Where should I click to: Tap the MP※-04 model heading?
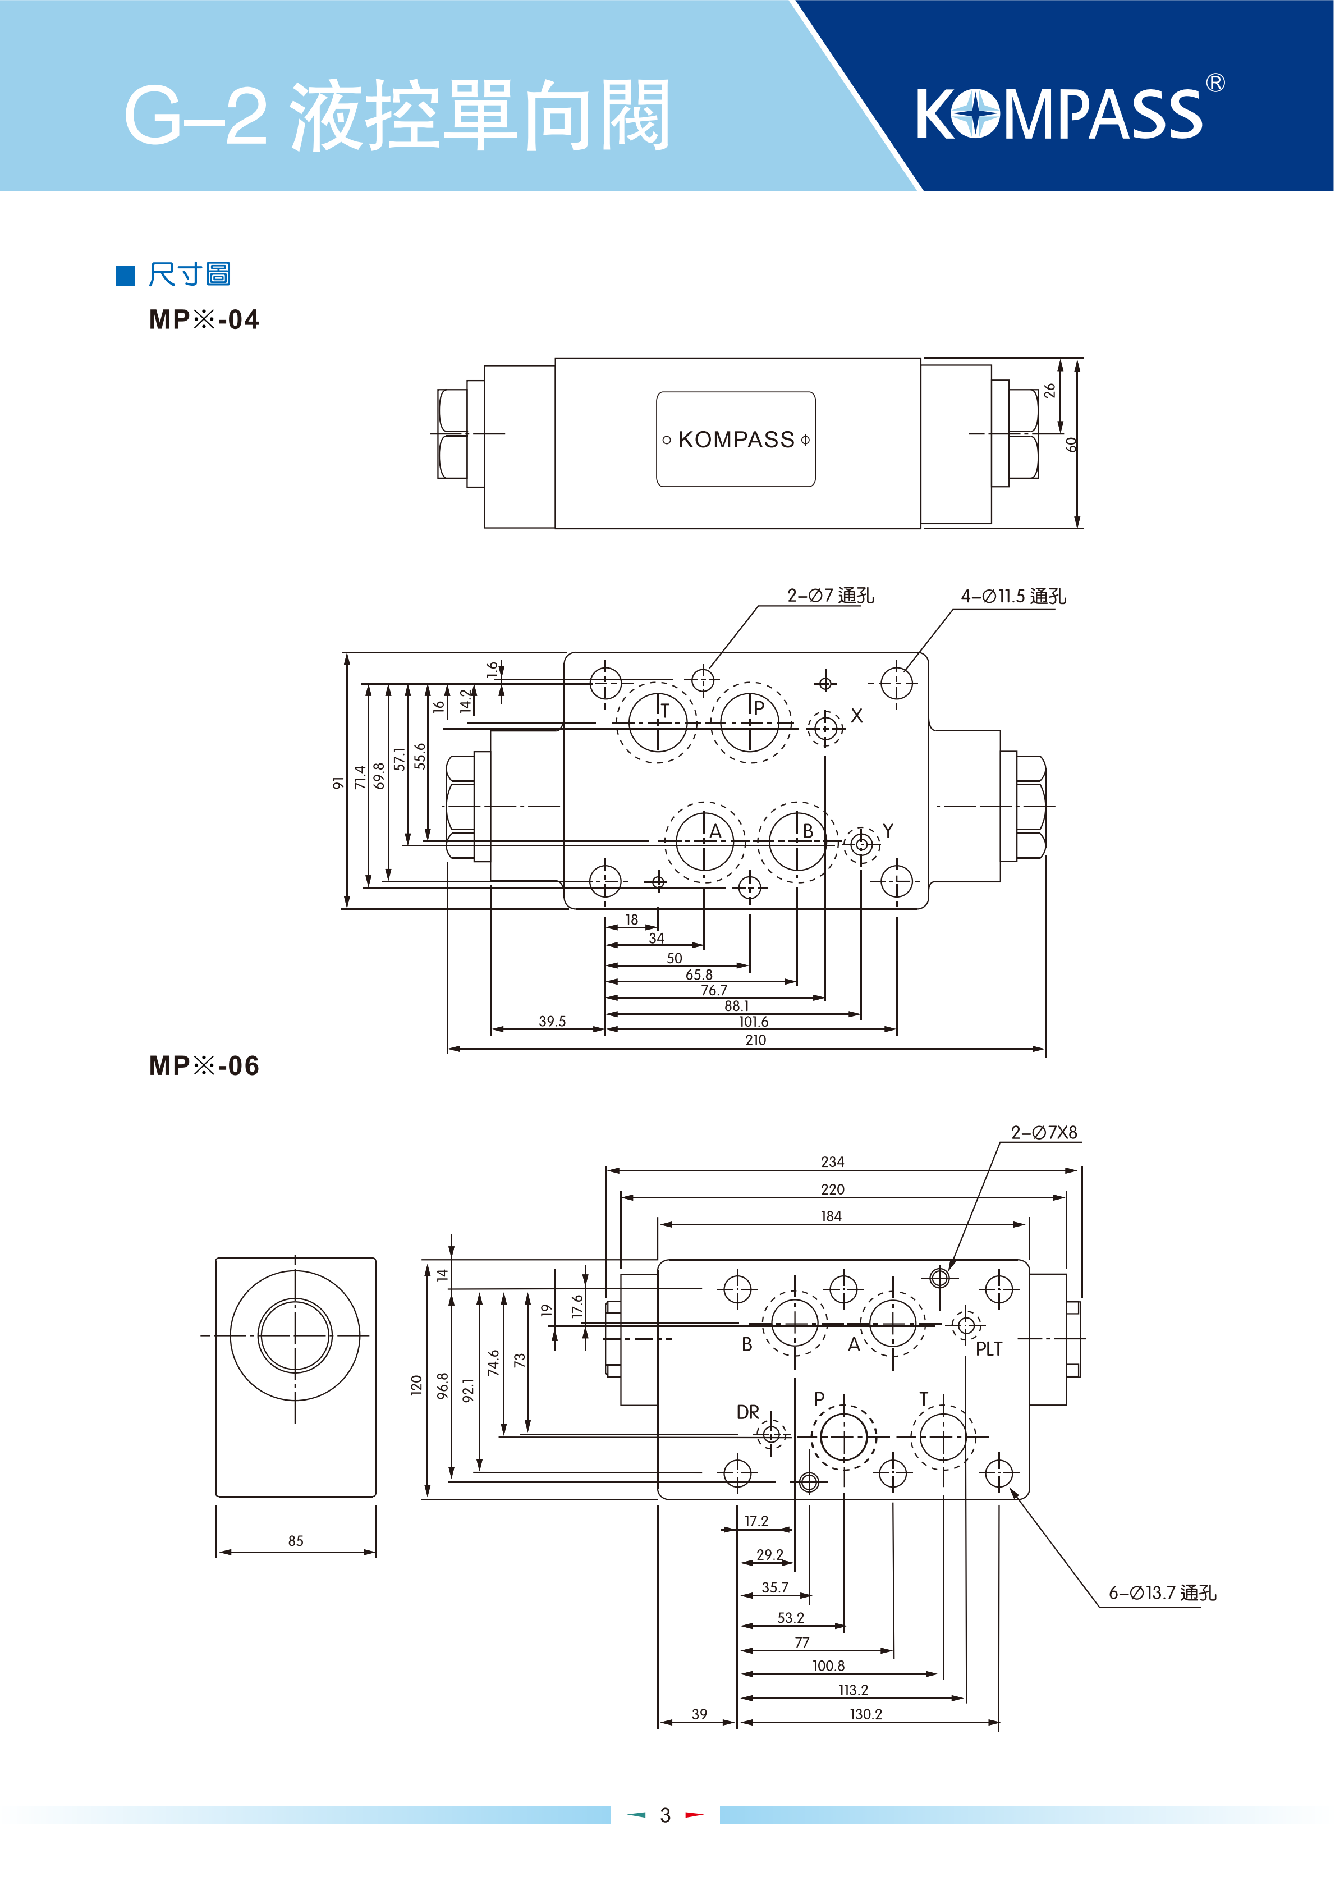[x=204, y=319]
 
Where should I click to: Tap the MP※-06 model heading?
[x=204, y=1065]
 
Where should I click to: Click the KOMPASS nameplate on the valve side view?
[x=736, y=440]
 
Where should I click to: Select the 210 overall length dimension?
[x=755, y=1040]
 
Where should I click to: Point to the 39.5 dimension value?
[x=552, y=1020]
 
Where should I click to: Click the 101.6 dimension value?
[x=753, y=1022]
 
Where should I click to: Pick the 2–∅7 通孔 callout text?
[x=831, y=595]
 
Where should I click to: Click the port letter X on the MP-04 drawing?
[x=857, y=715]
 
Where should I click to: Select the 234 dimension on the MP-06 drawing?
[x=832, y=1161]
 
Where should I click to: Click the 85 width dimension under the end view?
[x=296, y=1540]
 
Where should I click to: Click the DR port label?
[x=747, y=1412]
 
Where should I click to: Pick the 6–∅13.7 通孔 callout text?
[x=1162, y=1593]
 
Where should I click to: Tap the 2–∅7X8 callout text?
[x=1044, y=1133]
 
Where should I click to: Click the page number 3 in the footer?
[x=665, y=1815]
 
